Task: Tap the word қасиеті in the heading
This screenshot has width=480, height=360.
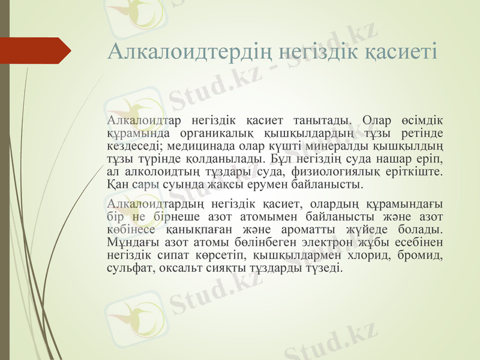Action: coord(403,51)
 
